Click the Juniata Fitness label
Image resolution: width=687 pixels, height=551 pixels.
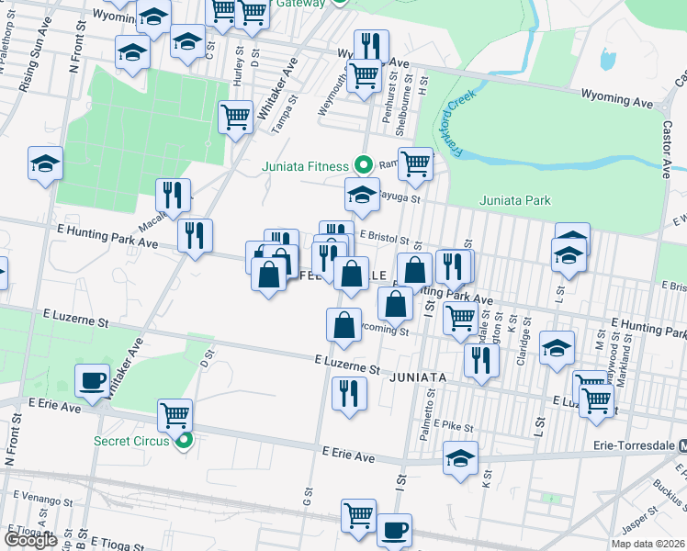(305, 166)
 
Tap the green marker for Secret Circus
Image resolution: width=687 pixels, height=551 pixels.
(184, 441)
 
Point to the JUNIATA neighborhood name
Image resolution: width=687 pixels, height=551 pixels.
(418, 377)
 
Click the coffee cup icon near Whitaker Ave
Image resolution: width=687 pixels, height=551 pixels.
(91, 381)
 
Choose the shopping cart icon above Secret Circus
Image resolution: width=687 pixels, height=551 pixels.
(174, 414)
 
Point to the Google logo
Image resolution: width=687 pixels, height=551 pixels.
(31, 540)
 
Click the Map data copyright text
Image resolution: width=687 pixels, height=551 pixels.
(648, 544)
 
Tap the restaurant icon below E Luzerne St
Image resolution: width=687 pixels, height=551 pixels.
(348, 393)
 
